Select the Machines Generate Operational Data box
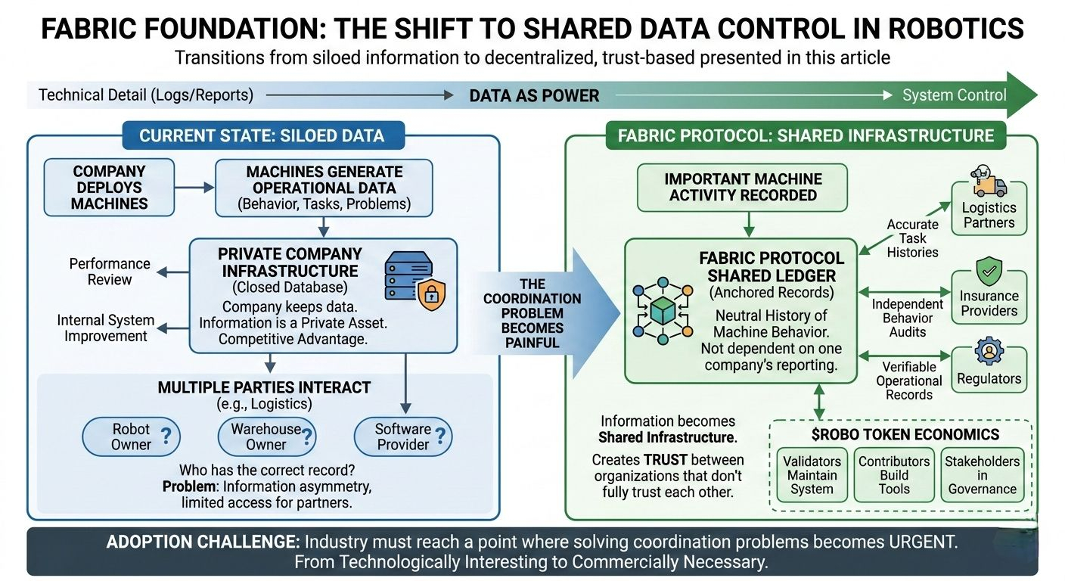point(324,188)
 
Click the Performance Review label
point(110,271)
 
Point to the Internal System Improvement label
point(106,328)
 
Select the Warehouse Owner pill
point(266,437)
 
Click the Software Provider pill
point(403,437)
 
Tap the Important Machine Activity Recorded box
point(743,187)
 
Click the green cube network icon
point(663,311)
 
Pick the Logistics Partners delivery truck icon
point(988,182)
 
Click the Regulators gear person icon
point(988,353)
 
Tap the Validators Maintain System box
point(812,474)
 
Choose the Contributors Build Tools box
point(894,474)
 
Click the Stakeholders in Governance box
point(982,474)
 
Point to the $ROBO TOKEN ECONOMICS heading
point(900,434)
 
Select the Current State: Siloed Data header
point(262,136)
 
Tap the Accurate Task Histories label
point(913,238)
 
